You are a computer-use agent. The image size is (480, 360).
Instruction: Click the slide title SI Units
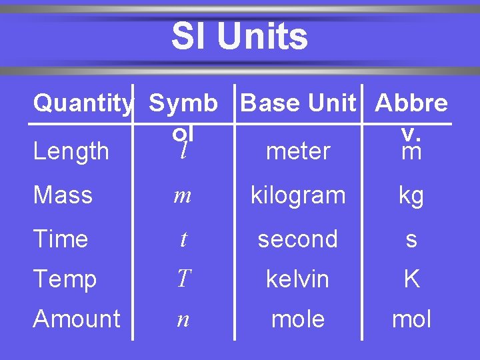239,37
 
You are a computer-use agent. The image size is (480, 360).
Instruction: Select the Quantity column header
83,103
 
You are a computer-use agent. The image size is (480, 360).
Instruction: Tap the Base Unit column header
298,103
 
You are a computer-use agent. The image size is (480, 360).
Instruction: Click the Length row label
71,151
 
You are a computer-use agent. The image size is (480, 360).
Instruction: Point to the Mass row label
63,195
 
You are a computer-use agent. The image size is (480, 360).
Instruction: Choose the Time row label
60,239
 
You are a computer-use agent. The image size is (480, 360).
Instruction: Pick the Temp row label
65,279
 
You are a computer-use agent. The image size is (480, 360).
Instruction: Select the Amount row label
77,319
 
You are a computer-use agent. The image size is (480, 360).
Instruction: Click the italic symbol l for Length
183,151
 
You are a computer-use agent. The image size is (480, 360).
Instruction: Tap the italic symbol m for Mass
183,196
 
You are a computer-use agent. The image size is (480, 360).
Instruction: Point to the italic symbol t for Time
183,239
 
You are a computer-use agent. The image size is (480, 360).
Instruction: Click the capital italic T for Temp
183,279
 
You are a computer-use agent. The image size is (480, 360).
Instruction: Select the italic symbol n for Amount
183,319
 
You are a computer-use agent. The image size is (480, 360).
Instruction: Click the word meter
297,151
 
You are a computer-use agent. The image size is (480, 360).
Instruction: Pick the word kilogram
297,196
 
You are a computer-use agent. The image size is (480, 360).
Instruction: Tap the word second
297,239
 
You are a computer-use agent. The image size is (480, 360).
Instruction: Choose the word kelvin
297,279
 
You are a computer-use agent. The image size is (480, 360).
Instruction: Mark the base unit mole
297,319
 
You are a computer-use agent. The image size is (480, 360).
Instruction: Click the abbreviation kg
411,196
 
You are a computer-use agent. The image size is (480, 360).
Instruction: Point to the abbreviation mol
411,319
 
